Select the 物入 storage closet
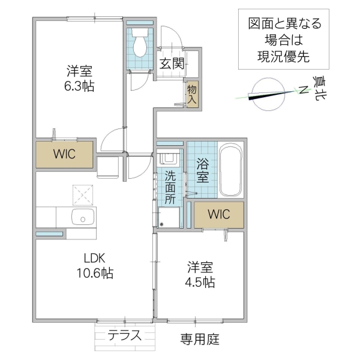192,95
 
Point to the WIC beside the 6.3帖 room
64,154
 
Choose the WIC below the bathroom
218,214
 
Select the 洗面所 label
170,188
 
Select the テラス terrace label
125,335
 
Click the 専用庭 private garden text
200,340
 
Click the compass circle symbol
266,95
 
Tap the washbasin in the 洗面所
170,158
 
